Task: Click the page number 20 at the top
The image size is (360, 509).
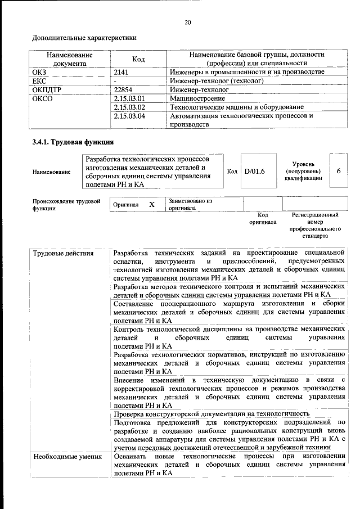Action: pyautogui.click(x=188, y=22)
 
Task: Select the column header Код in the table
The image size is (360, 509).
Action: pyautogui.click(x=138, y=59)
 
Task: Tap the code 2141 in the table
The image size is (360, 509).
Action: pyautogui.click(x=121, y=73)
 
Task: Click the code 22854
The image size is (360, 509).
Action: pyautogui.click(x=123, y=89)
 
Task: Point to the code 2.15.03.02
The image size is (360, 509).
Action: pyautogui.click(x=129, y=107)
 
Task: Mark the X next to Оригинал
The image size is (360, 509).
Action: pyautogui.click(x=151, y=205)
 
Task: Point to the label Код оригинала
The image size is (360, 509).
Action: pyautogui.click(x=262, y=219)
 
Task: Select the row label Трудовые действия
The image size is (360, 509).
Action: pyautogui.click(x=56, y=253)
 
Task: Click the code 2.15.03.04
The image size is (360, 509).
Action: pyautogui.click(x=129, y=116)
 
